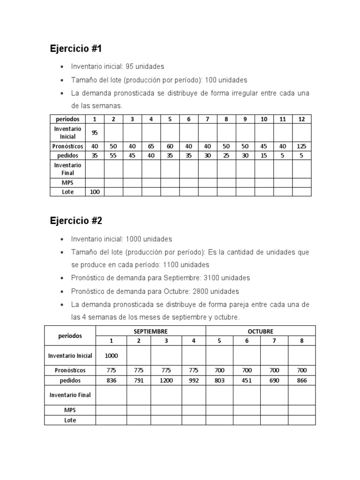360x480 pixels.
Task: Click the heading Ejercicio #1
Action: tap(75, 48)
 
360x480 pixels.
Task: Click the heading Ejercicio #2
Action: tap(76, 221)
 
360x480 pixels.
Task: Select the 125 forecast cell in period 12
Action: tap(301, 146)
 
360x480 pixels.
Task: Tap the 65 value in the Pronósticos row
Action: tap(151, 146)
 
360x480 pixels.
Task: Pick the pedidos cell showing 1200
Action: tap(166, 381)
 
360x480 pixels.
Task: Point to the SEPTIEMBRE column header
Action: tap(150, 331)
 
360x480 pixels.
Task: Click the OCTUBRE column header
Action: tap(260, 331)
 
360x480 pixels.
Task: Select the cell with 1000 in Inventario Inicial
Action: tap(111, 356)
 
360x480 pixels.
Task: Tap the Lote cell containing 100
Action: tap(95, 192)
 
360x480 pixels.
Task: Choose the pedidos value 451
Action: tap(247, 381)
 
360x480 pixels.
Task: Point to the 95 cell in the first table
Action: tap(95, 133)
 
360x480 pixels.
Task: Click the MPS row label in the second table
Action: tap(70, 410)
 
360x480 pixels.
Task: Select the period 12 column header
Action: tap(301, 119)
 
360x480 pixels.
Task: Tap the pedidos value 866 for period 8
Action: tap(302, 381)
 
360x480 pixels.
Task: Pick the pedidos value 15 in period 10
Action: tap(264, 155)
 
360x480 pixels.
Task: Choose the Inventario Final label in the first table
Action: tap(67, 169)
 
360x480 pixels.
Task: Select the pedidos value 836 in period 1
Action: tap(111, 381)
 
